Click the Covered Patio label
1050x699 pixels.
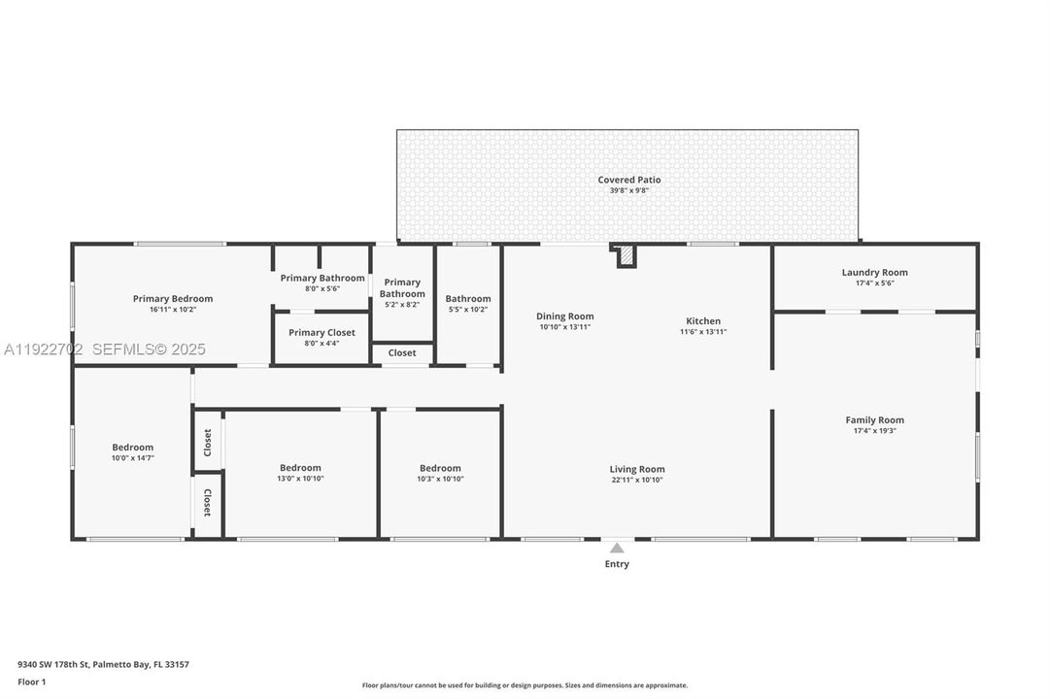(x=629, y=180)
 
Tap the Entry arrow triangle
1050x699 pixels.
(x=617, y=548)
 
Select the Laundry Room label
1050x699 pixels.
(x=874, y=273)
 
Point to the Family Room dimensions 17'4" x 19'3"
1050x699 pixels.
(x=874, y=430)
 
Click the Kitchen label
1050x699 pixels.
(x=703, y=320)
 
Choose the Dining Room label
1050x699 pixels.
(x=564, y=316)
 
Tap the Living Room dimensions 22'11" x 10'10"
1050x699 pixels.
(x=637, y=480)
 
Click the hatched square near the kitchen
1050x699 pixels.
(x=627, y=255)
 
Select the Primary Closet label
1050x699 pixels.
(x=322, y=333)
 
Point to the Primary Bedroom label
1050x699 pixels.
(x=173, y=299)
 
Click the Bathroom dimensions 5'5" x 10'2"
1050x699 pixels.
(x=468, y=310)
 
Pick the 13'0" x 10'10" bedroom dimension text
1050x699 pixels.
(x=300, y=479)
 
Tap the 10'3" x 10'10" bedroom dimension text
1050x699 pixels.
(x=440, y=479)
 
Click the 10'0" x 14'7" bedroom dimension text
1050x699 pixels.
(x=133, y=458)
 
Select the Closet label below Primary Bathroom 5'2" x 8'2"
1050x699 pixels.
(x=402, y=352)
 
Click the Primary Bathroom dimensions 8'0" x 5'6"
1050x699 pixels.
(x=322, y=288)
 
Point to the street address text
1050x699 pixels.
(x=103, y=665)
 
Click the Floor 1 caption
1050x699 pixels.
(x=31, y=682)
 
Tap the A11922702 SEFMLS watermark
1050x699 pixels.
(x=105, y=349)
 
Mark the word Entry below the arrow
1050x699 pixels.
(x=617, y=564)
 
